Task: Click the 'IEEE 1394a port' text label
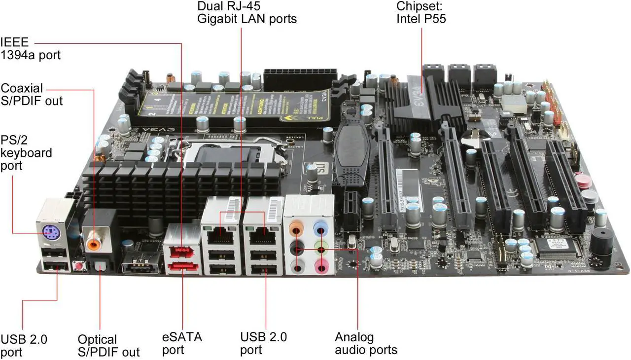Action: [31, 48]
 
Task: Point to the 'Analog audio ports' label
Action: [366, 344]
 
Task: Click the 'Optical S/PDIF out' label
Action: [108, 346]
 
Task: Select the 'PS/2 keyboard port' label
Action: [26, 152]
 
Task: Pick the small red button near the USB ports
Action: [77, 266]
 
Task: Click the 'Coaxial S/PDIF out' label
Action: [32, 94]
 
